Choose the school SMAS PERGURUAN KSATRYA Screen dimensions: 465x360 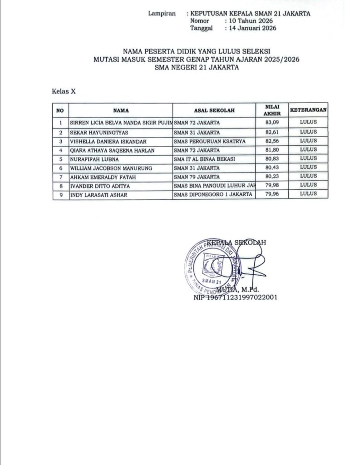coord(210,141)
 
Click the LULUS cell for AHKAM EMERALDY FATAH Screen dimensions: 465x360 coord(309,176)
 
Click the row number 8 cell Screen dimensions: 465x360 coord(60,186)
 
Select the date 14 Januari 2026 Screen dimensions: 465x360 coord(250,28)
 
